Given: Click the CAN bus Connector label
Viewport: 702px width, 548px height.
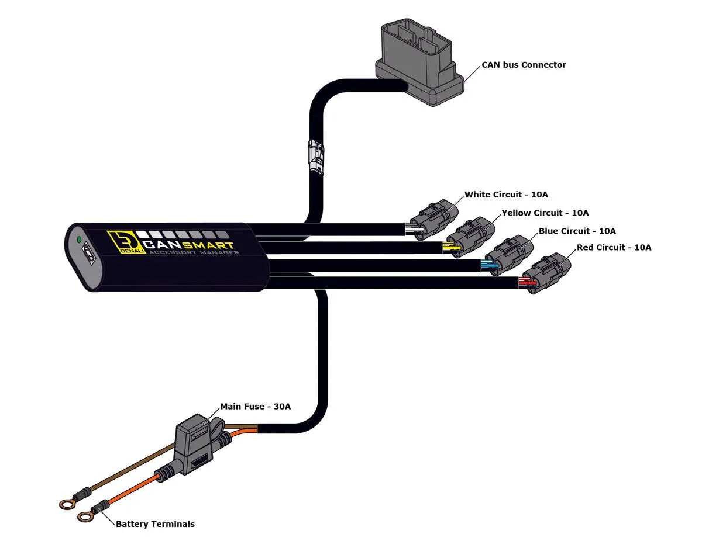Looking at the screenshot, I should pos(524,65).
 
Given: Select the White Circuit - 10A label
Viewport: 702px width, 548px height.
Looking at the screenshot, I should pos(506,194).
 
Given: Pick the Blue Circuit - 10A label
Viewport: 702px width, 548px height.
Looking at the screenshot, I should pos(577,231).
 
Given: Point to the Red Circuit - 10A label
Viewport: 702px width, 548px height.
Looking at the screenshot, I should pos(614,247).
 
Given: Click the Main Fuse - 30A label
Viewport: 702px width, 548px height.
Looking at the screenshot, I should pos(255,406).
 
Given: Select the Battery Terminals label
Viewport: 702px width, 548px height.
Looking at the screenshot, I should pos(155,524).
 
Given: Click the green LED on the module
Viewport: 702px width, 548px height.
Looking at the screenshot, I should pos(78,239).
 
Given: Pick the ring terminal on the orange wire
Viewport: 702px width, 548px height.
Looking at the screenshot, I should pos(86,515).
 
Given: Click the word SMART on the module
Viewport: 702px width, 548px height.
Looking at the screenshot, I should pos(211,245).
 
